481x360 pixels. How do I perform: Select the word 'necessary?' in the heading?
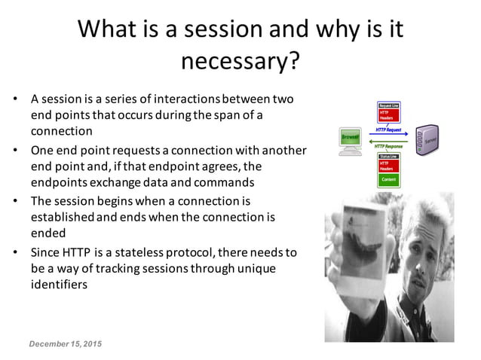point(240,60)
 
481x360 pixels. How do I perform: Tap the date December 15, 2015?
point(66,344)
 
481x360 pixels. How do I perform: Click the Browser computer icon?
point(351,140)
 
